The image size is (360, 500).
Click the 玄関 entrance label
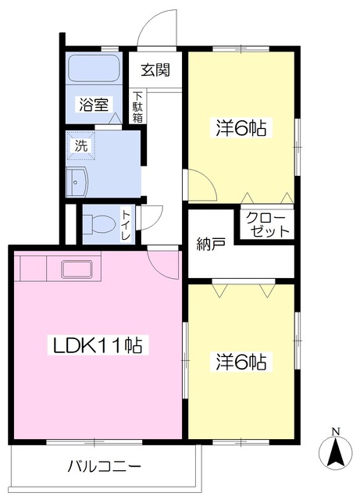coord(155,70)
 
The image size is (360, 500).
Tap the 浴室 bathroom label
coord(94,104)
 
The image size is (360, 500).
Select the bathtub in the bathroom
coord(94,68)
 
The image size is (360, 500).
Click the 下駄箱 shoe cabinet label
coord(137,107)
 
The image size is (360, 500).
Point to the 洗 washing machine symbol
coord(81,146)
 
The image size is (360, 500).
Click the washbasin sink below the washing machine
coord(77,182)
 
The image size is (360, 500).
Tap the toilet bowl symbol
coord(99,224)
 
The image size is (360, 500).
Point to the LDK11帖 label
coord(98,345)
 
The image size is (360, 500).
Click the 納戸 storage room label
coord(211,244)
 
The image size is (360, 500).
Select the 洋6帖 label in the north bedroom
coord(241,128)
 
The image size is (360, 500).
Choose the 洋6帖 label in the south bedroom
coord(241,362)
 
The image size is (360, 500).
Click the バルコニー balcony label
coord(105,467)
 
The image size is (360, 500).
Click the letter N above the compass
coord(336,432)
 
